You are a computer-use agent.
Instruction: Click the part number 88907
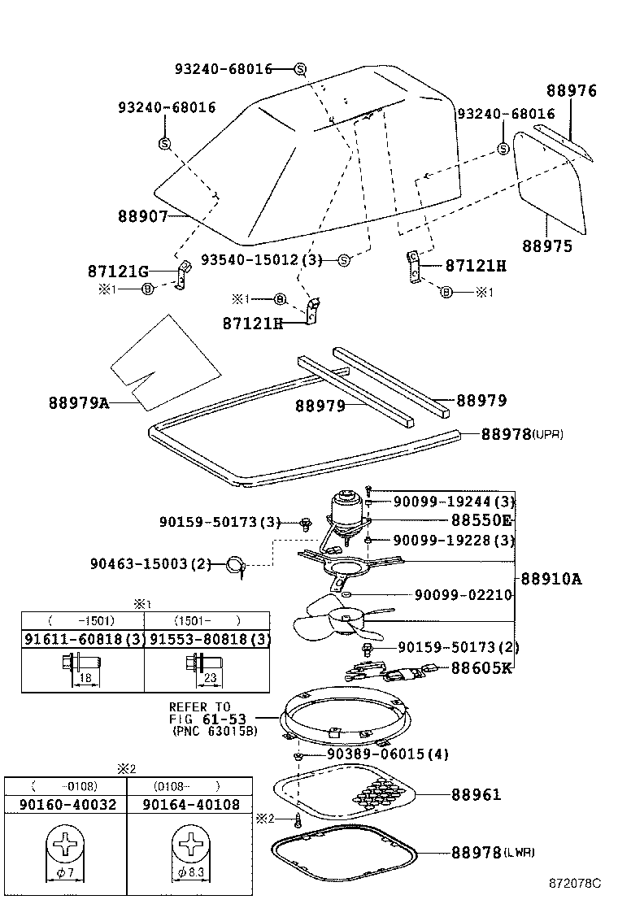pyautogui.click(x=141, y=216)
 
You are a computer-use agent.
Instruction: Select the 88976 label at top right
pyautogui.click(x=571, y=91)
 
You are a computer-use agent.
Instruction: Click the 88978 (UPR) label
pyautogui.click(x=521, y=434)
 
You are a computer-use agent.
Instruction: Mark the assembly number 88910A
pyautogui.click(x=551, y=579)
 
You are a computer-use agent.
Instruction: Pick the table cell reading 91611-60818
pyautogui.click(x=82, y=638)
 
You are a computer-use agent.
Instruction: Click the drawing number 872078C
pyautogui.click(x=573, y=883)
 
